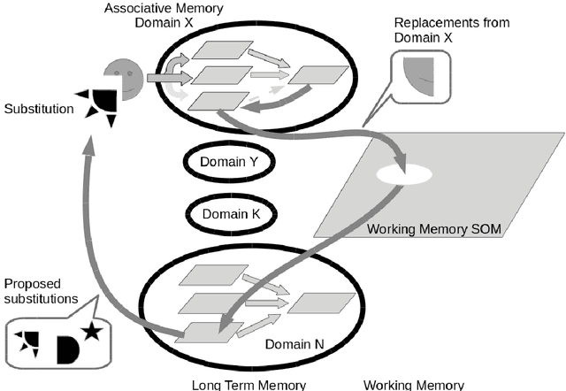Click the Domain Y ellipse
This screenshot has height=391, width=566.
click(x=228, y=162)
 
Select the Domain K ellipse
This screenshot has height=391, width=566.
click(x=229, y=214)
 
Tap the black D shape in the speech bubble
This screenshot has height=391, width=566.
click(x=69, y=348)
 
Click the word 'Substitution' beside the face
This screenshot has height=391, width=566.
click(x=40, y=110)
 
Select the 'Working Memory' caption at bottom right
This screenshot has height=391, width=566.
click(x=414, y=384)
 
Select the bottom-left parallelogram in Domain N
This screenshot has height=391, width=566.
click(x=207, y=332)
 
